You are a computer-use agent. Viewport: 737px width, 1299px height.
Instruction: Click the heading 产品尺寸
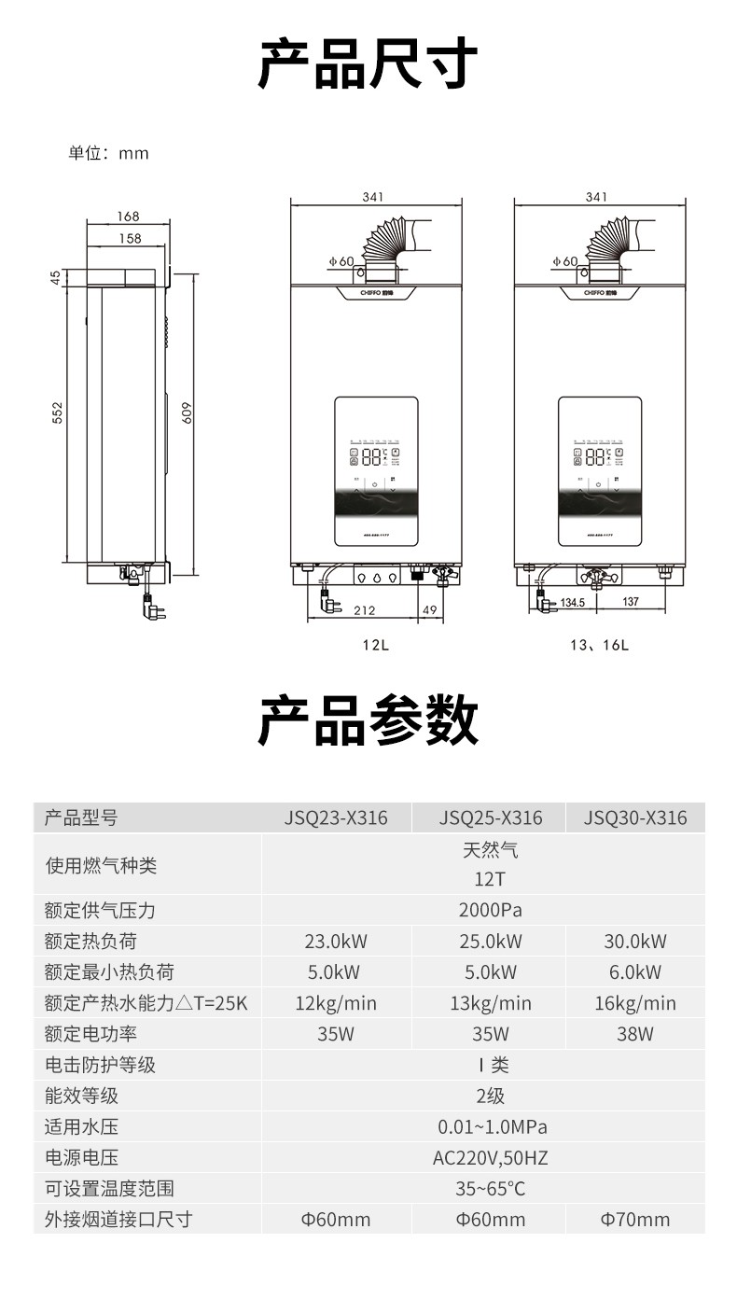pyautogui.click(x=368, y=63)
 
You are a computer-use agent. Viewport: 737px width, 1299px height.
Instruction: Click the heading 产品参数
pyautogui.click(x=368, y=720)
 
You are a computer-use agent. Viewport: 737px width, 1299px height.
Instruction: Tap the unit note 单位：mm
pyautogui.click(x=108, y=153)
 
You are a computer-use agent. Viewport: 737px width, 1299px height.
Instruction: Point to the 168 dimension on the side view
pyautogui.click(x=128, y=216)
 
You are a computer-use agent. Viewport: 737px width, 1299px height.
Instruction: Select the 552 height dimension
pyautogui.click(x=57, y=412)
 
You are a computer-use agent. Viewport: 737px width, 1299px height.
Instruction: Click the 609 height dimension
pyautogui.click(x=186, y=412)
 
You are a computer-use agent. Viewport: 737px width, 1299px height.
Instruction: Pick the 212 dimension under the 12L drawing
pyautogui.click(x=365, y=610)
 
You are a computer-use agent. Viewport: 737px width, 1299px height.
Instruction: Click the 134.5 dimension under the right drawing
pyautogui.click(x=572, y=602)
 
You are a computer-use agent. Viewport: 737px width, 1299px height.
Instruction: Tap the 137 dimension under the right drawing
pyautogui.click(x=631, y=602)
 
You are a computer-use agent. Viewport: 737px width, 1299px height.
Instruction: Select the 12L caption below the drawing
pyautogui.click(x=376, y=645)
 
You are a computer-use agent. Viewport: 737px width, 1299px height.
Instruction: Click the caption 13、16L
pyautogui.click(x=599, y=645)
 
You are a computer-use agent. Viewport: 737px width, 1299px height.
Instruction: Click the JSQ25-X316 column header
pyautogui.click(x=490, y=818)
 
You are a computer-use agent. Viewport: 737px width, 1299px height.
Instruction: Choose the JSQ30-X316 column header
pyautogui.click(x=635, y=818)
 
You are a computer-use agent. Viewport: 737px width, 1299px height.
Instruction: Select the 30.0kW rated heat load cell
pyautogui.click(x=635, y=941)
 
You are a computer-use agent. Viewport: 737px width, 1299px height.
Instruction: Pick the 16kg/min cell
pyautogui.click(x=635, y=1003)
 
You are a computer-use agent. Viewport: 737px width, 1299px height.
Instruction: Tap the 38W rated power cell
pyautogui.click(x=635, y=1034)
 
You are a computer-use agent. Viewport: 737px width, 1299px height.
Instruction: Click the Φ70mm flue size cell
pyautogui.click(x=635, y=1219)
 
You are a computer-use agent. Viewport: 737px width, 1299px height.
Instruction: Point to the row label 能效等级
pyautogui.click(x=82, y=1096)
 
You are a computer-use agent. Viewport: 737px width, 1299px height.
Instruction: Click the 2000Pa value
pyautogui.click(x=490, y=910)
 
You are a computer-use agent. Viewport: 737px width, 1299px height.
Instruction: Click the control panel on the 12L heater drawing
pyautogui.click(x=376, y=471)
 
